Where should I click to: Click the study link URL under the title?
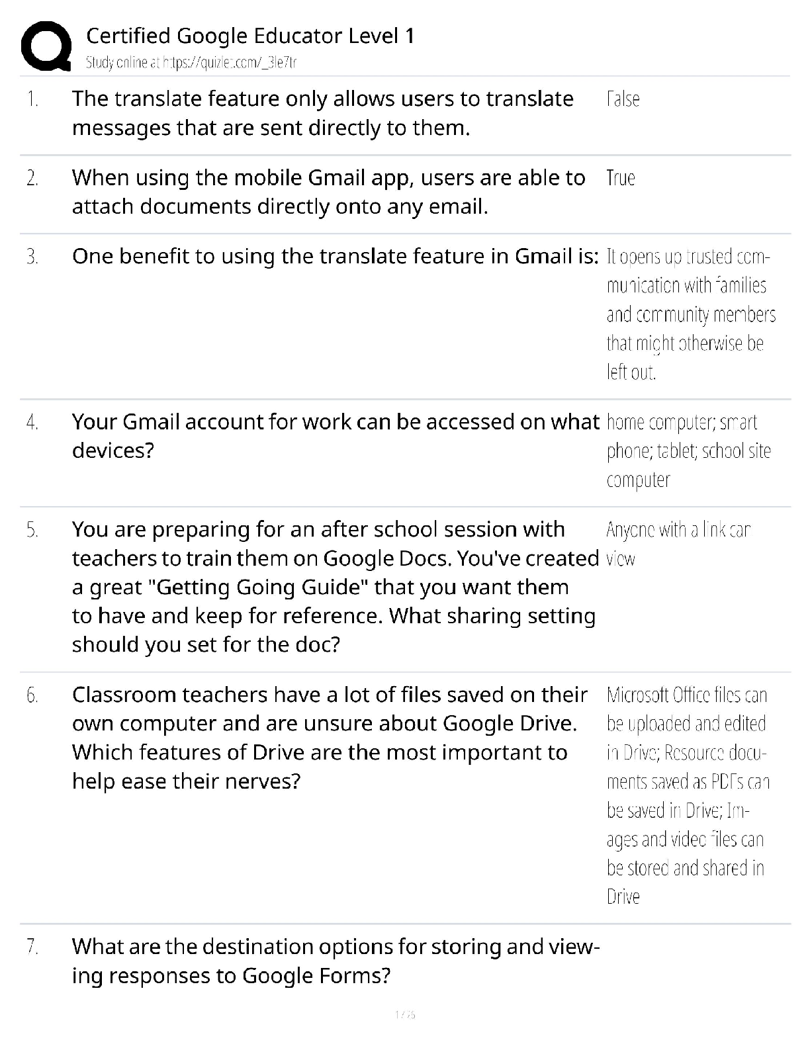tap(191, 63)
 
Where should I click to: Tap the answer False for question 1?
tap(623, 99)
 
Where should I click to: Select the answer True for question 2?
tap(620, 178)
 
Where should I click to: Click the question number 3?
tap(32, 257)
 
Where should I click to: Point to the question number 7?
tap(32, 947)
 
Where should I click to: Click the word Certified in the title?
tap(128, 36)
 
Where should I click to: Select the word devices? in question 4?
tap(112, 451)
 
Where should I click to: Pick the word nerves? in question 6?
tap(262, 781)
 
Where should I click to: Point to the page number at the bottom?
tap(404, 1014)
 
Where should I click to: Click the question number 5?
tap(32, 530)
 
